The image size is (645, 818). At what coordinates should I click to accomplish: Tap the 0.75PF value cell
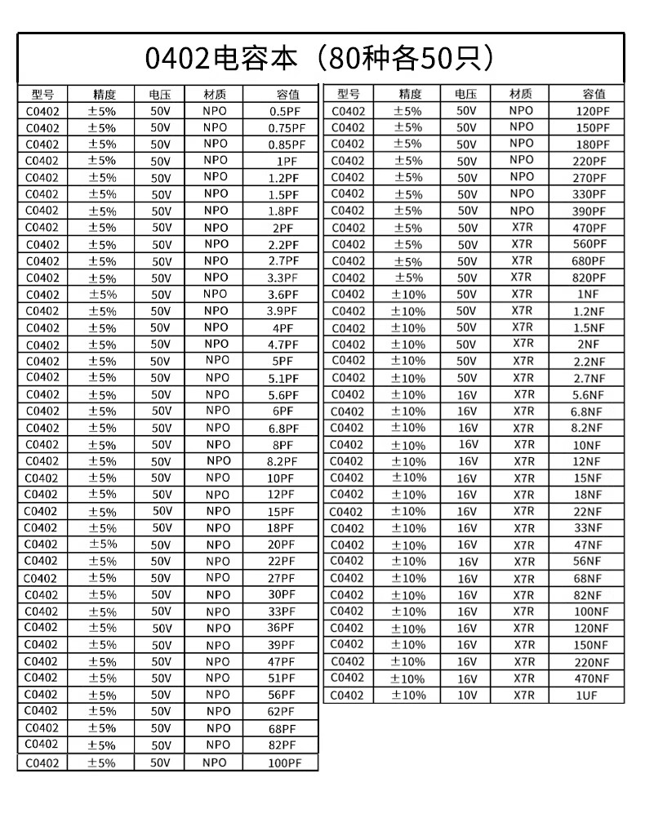[287, 127]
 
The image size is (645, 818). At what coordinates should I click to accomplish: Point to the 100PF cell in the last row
[284, 762]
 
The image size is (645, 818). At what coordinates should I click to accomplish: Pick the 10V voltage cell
[466, 695]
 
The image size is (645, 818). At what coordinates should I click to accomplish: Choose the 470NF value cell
[592, 678]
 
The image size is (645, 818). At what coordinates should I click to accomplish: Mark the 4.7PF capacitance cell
[283, 344]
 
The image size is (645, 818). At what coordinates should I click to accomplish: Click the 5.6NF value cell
[588, 395]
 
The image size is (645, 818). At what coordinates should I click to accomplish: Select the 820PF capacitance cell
[589, 278]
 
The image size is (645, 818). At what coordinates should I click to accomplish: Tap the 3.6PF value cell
[283, 294]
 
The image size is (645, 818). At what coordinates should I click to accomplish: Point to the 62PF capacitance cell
[282, 711]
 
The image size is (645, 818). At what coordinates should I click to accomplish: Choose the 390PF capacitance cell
[589, 211]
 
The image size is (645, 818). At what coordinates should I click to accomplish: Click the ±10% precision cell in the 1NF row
[407, 294]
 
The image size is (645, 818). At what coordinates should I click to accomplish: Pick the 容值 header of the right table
[594, 93]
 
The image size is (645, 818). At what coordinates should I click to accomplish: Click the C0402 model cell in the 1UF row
[348, 695]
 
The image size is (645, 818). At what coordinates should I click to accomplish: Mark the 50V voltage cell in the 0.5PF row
[161, 110]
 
